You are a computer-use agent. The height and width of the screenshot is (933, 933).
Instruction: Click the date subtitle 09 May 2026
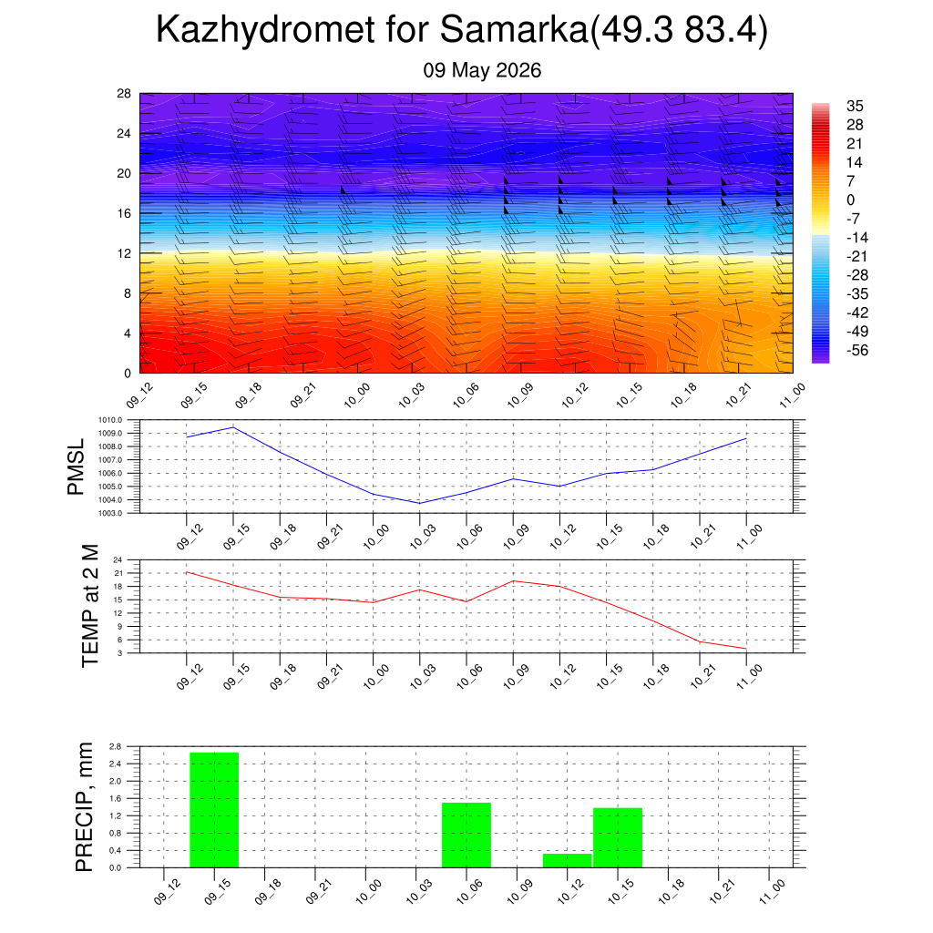coord(482,70)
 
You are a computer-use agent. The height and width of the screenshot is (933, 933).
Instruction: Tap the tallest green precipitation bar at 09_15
coord(214,810)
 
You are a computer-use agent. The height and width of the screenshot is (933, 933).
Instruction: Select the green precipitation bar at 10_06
coord(466,835)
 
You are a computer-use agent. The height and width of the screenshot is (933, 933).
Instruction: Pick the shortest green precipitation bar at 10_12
coord(567,860)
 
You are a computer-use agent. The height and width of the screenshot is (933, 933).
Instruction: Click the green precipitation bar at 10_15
coord(618,838)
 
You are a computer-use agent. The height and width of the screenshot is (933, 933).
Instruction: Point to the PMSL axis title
coord(77,467)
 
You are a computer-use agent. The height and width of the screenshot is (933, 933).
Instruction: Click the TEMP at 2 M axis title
coord(90,606)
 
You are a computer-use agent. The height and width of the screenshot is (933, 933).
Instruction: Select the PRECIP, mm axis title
coord(85,807)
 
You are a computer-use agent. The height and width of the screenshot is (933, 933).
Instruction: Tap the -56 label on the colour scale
coord(857,351)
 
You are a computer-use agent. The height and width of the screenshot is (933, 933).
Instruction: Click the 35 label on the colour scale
coord(855,106)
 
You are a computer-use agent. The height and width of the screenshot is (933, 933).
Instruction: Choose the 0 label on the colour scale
coord(850,200)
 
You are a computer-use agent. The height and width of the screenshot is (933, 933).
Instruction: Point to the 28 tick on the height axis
coord(124,94)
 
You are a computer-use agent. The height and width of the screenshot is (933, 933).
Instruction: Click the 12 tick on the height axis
coord(124,253)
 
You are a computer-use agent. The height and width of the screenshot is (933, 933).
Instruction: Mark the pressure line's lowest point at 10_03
coord(419,503)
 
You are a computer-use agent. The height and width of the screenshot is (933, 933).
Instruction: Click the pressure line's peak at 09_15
coord(233,427)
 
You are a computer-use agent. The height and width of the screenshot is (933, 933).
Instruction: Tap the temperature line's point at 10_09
coord(513,580)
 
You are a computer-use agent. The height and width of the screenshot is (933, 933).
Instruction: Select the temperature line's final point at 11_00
coord(746,649)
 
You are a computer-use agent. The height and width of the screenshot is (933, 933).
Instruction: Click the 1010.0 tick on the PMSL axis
coord(110,420)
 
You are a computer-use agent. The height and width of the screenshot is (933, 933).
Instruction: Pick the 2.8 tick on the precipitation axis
coord(115,746)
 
